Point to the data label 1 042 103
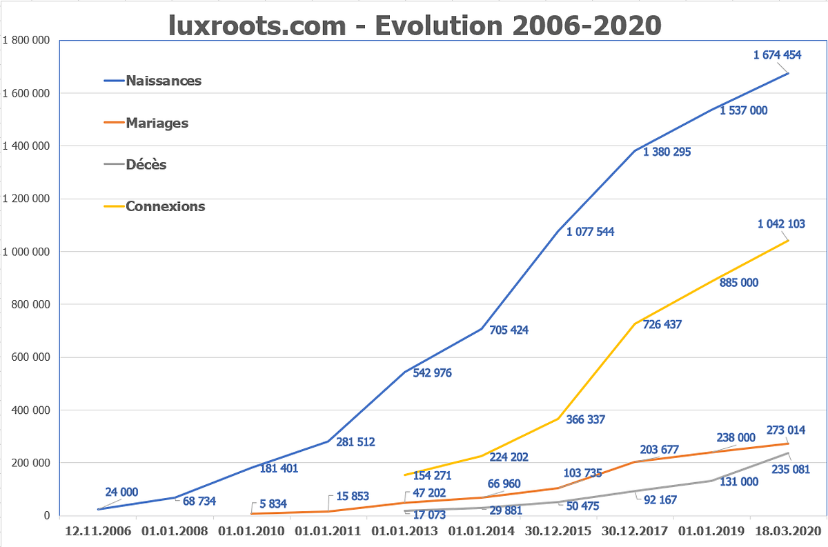click(781, 223)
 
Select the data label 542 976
click(431, 373)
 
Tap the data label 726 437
click(662, 324)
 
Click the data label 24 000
click(121, 493)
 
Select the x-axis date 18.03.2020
click(787, 530)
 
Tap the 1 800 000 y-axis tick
click(27, 40)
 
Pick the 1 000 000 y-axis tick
click(27, 252)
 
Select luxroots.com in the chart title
click(257, 26)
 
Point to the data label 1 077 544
click(590, 232)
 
